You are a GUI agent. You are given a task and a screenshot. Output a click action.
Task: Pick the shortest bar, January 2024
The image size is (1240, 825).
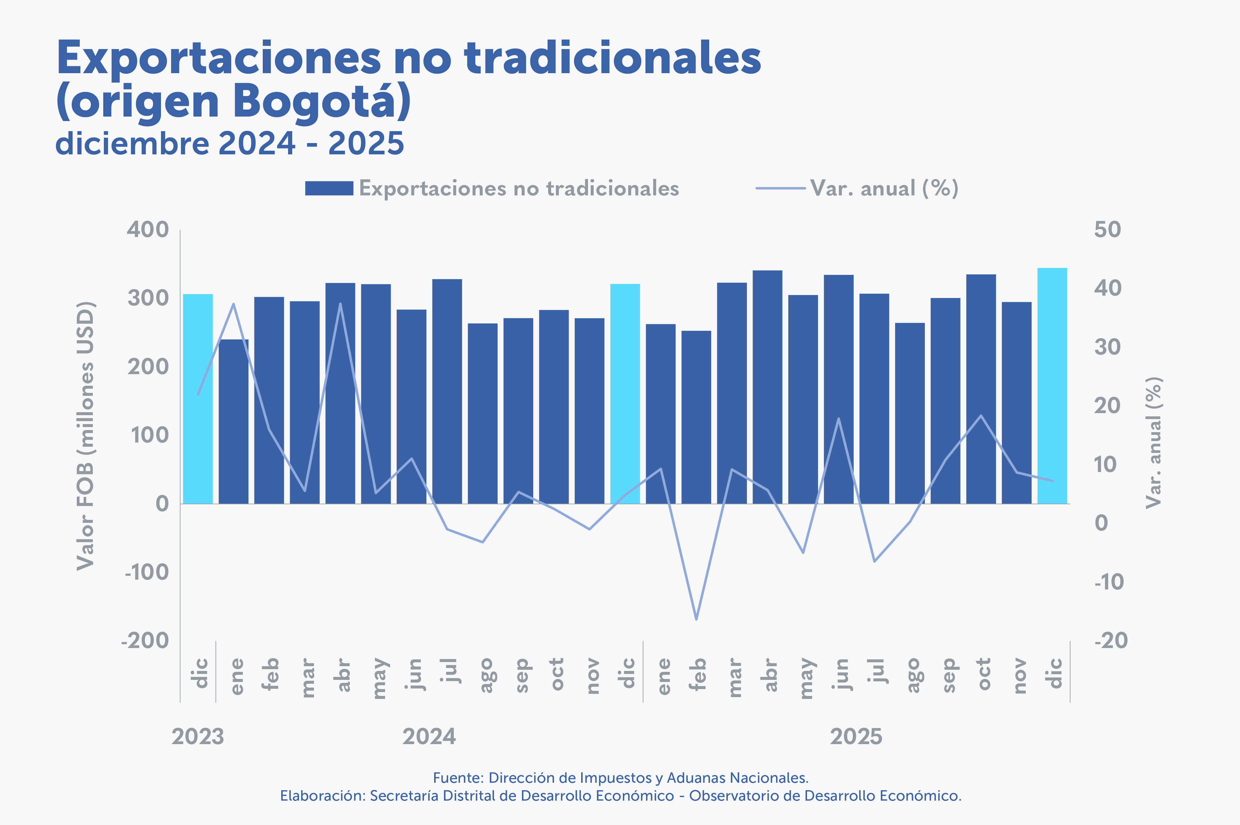(234, 421)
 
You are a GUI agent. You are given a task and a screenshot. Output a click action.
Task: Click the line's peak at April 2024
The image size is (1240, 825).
(340, 304)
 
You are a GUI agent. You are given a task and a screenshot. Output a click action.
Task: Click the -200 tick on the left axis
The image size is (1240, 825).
(145, 641)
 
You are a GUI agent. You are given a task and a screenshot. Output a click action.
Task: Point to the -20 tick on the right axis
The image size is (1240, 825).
(1111, 641)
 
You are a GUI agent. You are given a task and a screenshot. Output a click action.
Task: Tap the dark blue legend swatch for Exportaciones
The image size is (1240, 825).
(329, 188)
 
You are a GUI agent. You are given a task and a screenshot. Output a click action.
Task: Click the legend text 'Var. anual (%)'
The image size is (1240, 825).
(884, 188)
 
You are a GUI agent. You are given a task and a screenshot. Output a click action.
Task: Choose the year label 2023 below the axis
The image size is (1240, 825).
(198, 737)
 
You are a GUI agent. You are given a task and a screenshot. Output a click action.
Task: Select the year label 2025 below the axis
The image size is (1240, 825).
(856, 737)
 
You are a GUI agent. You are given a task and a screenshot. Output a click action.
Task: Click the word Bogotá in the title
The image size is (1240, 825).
(321, 101)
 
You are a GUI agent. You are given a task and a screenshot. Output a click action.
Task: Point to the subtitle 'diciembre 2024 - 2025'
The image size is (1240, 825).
(229, 143)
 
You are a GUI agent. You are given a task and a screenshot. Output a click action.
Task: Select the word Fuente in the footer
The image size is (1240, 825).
(457, 778)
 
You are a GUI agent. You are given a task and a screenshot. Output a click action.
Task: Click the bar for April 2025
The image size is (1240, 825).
(767, 387)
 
